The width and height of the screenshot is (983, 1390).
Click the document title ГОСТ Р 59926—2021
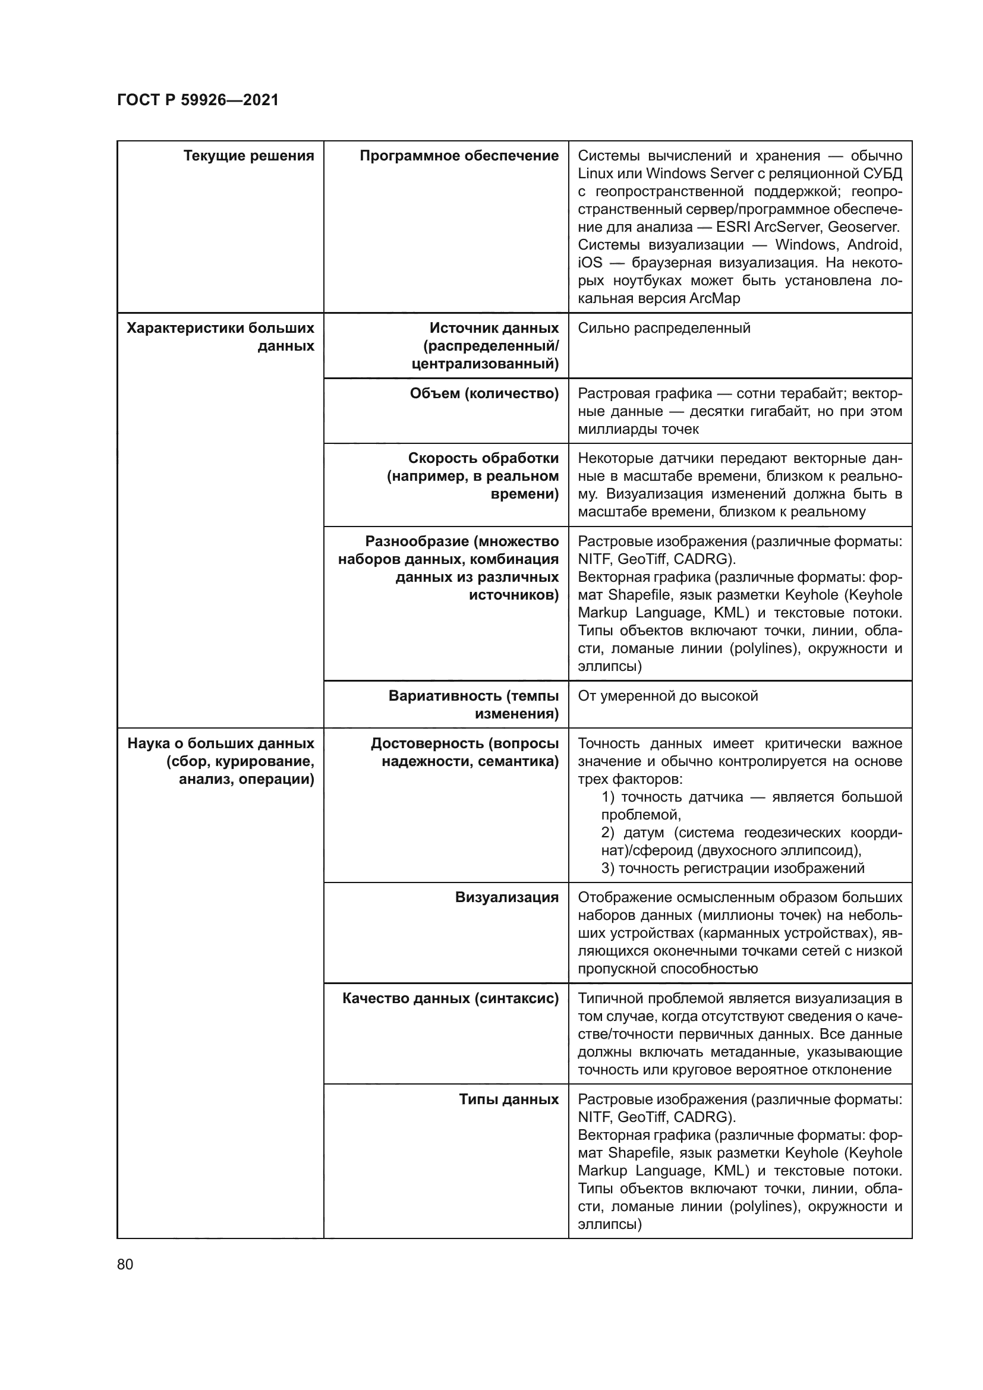[x=197, y=100]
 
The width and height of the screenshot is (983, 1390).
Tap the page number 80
[x=125, y=1263]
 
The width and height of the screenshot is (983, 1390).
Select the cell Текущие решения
[x=248, y=156]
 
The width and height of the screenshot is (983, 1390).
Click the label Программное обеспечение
[x=459, y=156]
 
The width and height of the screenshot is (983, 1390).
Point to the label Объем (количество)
[x=484, y=393]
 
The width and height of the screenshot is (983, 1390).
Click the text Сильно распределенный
[x=663, y=328]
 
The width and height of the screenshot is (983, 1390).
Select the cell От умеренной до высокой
[x=667, y=696]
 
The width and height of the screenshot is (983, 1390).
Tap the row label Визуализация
[x=506, y=897]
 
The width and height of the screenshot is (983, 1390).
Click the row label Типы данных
[x=509, y=1099]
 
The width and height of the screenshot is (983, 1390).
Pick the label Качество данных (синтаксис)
[x=450, y=998]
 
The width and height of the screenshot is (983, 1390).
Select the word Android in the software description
[x=874, y=245]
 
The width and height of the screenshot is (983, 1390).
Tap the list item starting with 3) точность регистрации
[x=732, y=868]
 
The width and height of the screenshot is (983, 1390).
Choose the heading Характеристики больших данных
[x=220, y=336]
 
